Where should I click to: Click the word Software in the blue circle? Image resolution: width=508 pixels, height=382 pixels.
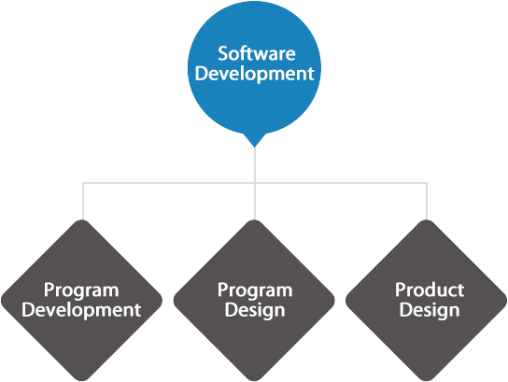coord(257,53)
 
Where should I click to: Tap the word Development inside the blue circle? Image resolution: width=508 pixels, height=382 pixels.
coord(255,74)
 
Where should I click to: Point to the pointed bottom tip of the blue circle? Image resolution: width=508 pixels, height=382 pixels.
coord(255,148)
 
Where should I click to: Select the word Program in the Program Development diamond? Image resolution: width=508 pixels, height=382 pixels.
coord(81,290)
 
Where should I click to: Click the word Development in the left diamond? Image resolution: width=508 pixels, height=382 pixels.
coord(81,310)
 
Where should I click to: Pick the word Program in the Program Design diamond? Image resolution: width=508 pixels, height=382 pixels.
coord(255,290)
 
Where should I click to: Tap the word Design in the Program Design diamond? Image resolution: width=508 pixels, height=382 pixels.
coord(255,311)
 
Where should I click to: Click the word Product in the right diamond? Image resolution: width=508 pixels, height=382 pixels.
coord(430,290)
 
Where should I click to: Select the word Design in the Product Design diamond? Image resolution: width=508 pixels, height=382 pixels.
coord(430,311)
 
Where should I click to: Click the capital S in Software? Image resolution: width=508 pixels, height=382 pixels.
coord(223,53)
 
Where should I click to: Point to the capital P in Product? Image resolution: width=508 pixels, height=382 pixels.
coord(400,290)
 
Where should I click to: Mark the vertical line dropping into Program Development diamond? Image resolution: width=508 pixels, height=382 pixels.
coord(83,201)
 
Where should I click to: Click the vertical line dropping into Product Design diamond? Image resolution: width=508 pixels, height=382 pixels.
coord(427,201)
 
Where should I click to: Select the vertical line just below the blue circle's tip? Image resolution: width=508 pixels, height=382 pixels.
coord(255,165)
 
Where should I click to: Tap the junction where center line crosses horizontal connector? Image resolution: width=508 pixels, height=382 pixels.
coord(255,183)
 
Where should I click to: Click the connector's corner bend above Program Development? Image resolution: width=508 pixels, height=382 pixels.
coord(83,183)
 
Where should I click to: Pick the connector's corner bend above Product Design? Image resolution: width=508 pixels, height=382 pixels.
coord(427,183)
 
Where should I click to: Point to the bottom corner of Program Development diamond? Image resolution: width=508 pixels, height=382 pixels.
coord(82,380)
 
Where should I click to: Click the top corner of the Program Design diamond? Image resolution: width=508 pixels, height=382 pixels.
coord(254,220)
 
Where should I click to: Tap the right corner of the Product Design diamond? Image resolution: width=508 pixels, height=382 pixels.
coord(506,301)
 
